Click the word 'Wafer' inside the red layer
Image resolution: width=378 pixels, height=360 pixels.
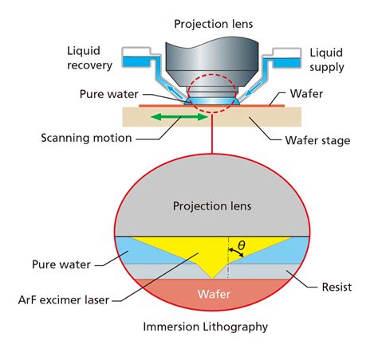pos(211,294)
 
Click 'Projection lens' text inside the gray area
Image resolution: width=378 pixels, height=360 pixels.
pos(211,206)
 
